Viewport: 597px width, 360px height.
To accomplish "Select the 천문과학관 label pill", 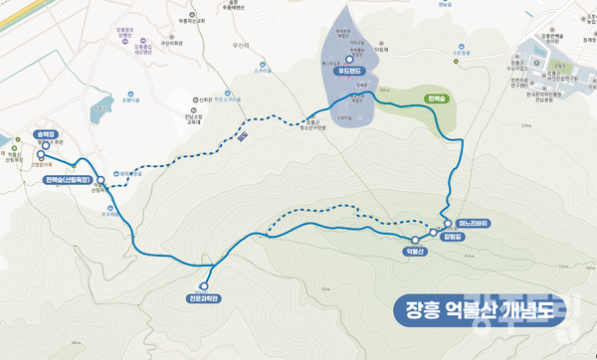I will point(203,297).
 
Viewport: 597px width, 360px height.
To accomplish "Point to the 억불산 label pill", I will point(415,251).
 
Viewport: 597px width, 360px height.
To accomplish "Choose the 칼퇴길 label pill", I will point(451,236).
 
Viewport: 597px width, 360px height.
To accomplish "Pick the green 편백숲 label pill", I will point(438,99).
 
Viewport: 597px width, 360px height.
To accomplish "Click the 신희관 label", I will point(205,99).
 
